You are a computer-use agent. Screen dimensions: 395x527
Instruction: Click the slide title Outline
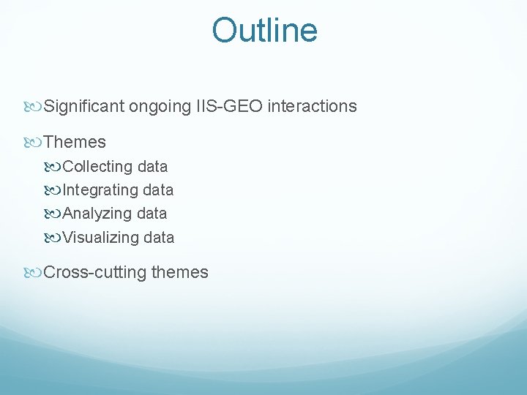[x=264, y=31]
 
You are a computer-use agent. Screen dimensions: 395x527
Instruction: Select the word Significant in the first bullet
[x=84, y=107]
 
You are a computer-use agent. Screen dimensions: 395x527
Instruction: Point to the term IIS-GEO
[x=230, y=107]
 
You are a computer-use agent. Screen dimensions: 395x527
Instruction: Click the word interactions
[x=313, y=107]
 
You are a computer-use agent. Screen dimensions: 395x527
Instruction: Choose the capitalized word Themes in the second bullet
[x=75, y=142]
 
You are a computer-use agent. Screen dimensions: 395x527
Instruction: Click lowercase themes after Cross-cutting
[x=179, y=273]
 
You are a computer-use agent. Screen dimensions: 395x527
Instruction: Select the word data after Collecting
[x=152, y=167]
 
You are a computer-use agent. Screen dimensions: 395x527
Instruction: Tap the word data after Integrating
[x=158, y=190]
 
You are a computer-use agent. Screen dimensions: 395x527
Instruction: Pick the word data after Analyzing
[x=152, y=214]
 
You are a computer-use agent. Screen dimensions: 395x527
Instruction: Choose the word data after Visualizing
[x=159, y=237]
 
